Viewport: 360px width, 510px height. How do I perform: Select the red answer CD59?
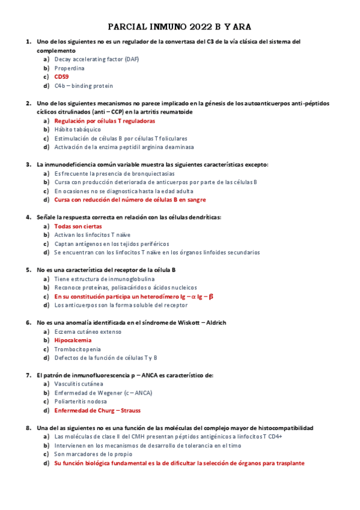(61, 77)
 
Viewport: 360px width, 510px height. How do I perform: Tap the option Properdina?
(69, 69)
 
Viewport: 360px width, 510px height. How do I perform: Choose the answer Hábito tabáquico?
(78, 129)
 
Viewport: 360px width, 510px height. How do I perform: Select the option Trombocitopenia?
(78, 349)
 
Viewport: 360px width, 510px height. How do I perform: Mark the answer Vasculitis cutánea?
(78, 384)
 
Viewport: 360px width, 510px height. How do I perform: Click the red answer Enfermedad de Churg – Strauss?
(97, 411)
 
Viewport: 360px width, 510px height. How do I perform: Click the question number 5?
(28, 270)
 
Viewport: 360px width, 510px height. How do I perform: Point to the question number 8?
(28, 428)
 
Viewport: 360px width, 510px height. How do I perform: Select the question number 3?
(28, 164)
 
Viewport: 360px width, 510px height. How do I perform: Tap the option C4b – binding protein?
(84, 86)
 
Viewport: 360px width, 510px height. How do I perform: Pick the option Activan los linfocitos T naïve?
(92, 235)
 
